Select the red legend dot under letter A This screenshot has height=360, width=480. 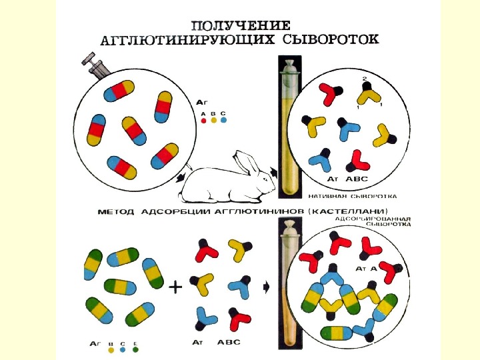coord(203,121)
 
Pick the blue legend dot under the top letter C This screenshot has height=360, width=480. coord(223,121)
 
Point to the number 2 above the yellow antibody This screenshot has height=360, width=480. coord(364,79)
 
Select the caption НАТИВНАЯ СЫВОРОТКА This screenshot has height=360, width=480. coord(353,197)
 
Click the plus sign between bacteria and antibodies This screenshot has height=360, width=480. coord(175,288)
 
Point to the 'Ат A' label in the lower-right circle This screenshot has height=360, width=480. coord(366,268)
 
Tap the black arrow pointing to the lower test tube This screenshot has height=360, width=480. coord(267,287)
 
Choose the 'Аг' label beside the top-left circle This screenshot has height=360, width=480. coord(203,102)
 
